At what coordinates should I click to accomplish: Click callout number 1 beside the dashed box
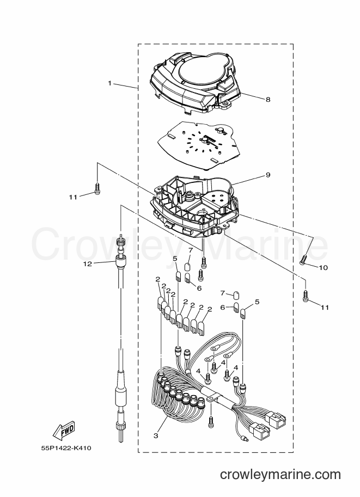(109, 83)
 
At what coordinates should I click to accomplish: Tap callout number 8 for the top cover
(268, 100)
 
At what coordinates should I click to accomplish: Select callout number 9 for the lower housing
(268, 175)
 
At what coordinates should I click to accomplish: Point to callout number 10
(323, 268)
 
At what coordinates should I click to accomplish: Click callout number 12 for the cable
(88, 263)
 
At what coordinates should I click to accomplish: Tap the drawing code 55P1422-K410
(66, 449)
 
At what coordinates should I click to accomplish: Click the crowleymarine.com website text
(280, 475)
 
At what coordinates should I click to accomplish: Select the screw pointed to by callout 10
(303, 260)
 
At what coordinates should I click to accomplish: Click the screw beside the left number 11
(97, 188)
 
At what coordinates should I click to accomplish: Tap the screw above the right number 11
(306, 296)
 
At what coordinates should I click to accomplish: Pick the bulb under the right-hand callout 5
(243, 315)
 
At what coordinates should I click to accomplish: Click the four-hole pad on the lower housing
(218, 198)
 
